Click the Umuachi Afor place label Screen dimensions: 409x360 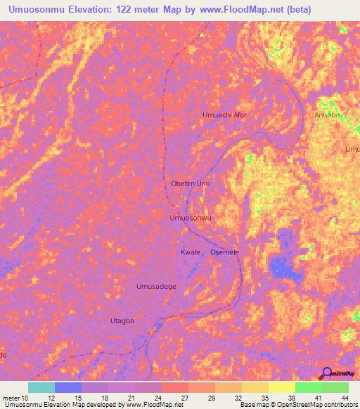click(224, 115)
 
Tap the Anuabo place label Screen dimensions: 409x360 click(328, 115)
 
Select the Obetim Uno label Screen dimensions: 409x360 click(191, 183)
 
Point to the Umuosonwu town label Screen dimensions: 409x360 click(191, 218)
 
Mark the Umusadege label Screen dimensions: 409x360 click(155, 286)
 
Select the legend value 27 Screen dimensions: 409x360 click(184, 398)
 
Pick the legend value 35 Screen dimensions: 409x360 click(264, 398)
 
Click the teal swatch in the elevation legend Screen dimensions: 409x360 click(41, 387)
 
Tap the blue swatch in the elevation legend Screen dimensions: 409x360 click(68, 387)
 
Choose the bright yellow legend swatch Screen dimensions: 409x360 click(281, 387)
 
